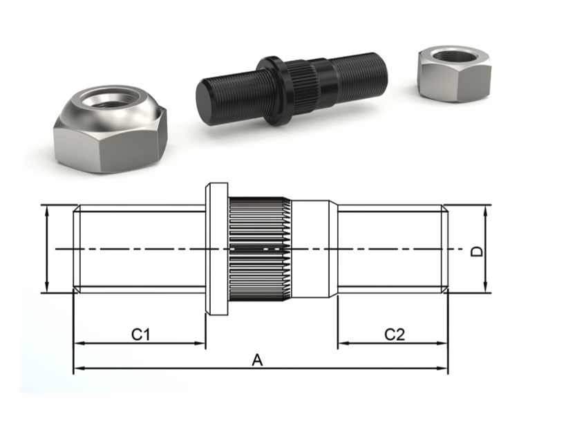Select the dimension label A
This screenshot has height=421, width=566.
tap(258, 359)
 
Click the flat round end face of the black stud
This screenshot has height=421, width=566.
tap(207, 103)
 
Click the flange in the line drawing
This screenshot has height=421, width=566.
tap(216, 249)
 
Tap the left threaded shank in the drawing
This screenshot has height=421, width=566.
tap(138, 249)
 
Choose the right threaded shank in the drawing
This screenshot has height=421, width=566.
tap(390, 249)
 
